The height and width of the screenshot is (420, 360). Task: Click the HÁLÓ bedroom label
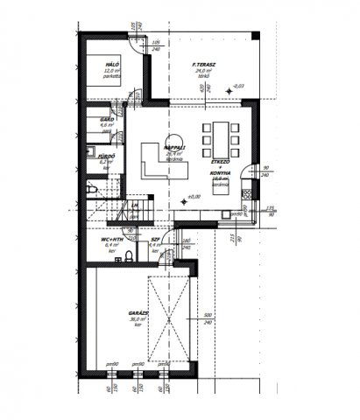pyautogui.click(x=112, y=64)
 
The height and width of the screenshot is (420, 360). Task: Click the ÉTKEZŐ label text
pyautogui.click(x=221, y=163)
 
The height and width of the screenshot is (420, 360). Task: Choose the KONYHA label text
pyautogui.click(x=222, y=173)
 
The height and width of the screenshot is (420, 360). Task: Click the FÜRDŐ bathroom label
pyautogui.click(x=108, y=158)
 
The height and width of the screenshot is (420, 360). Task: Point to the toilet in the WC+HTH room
pyautogui.click(x=130, y=255)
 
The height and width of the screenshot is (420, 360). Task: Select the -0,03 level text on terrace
pyautogui.click(x=238, y=86)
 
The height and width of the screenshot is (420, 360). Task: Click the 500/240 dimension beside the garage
pyautogui.click(x=208, y=318)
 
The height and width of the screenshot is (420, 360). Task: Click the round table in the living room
pyautogui.click(x=172, y=143)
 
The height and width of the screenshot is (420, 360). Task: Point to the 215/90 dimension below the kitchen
pyautogui.click(x=227, y=237)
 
